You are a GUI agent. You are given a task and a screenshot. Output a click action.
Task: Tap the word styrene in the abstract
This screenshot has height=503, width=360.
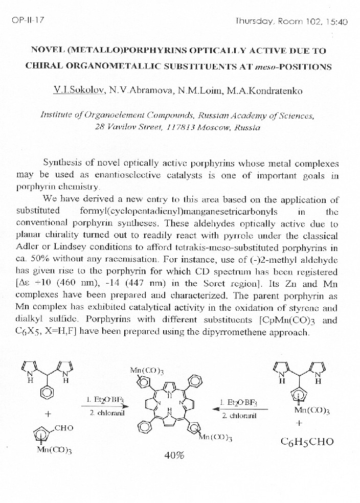coord(305,308)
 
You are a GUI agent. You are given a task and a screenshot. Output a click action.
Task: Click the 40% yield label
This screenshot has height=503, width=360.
coord(174,455)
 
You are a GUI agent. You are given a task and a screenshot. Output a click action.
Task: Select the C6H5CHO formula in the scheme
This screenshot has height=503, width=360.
coord(307,442)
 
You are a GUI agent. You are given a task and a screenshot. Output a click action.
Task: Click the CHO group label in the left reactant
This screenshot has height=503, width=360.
coord(64,428)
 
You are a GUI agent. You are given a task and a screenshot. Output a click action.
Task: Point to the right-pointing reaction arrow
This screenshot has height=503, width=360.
coord(104,406)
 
